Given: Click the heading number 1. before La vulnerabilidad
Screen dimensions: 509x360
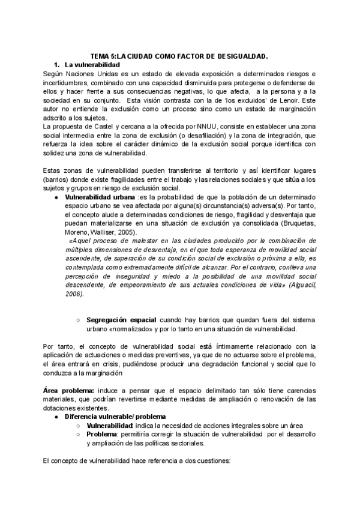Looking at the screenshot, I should click(57, 64).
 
